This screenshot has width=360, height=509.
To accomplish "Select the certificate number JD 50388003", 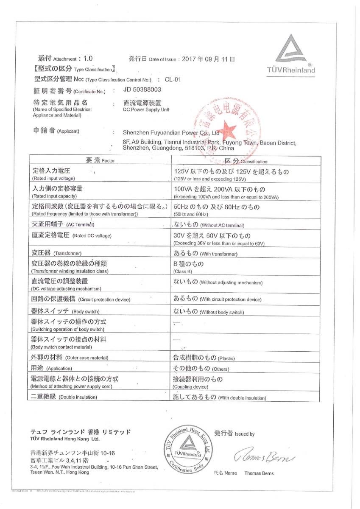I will (142, 90).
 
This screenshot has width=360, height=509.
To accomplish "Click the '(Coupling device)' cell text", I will (190, 387).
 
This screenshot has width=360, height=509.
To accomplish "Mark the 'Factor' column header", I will (108, 161).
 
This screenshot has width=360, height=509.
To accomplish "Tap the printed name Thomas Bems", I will (259, 473).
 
